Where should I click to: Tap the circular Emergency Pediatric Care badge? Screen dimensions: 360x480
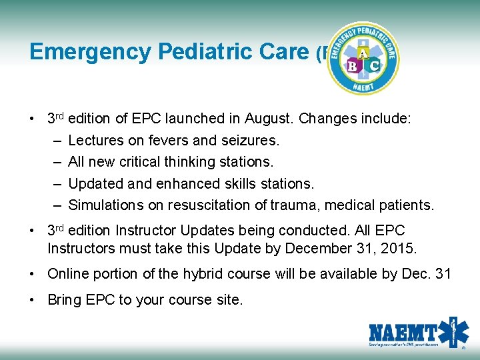pos(363,59)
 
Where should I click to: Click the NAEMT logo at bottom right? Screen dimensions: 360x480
pos(419,333)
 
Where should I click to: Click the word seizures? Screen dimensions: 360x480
pos(251,141)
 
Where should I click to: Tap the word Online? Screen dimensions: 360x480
pos(67,274)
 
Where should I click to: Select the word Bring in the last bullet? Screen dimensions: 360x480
pos(65,300)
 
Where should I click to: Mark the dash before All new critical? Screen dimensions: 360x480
pos(53,162)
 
